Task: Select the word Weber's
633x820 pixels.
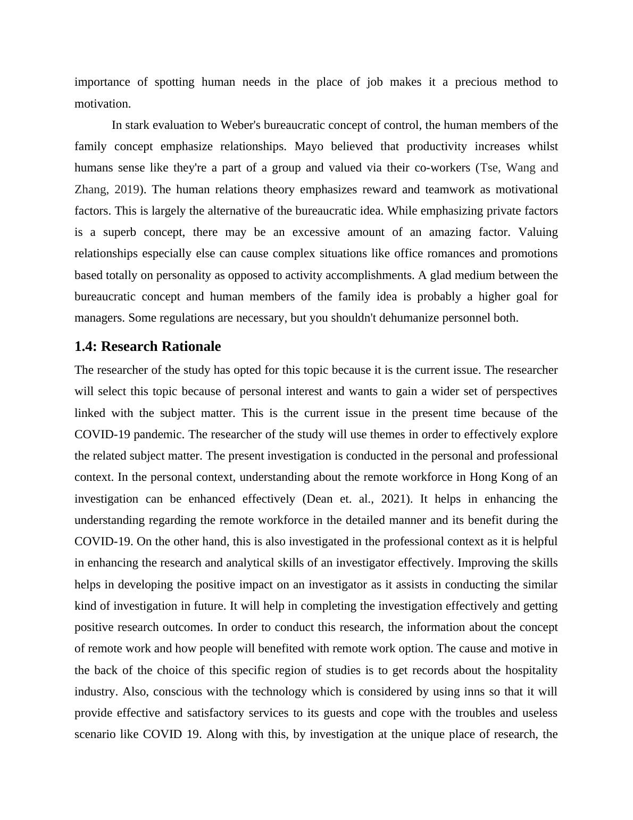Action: [240, 125]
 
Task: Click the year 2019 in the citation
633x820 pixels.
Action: [127, 190]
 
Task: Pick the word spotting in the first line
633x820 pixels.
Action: [173, 82]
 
